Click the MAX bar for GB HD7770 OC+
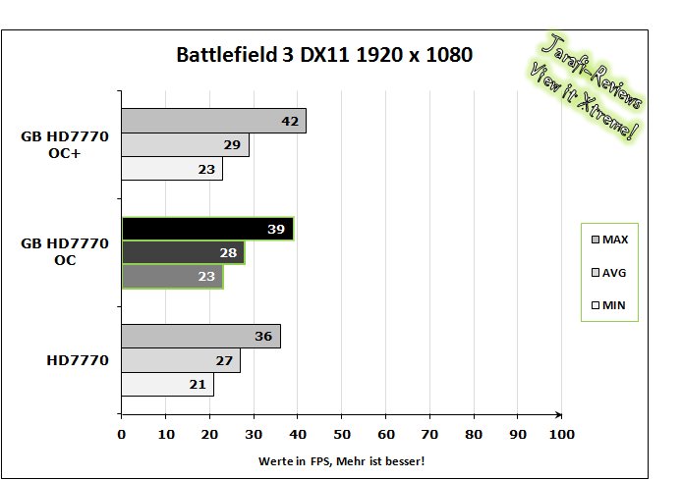pyautogui.click(x=213, y=121)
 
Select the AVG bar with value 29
pyautogui.click(x=186, y=144)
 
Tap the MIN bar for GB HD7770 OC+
pyautogui.click(x=172, y=169)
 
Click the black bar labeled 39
pyautogui.click(x=208, y=229)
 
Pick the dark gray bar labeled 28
pyautogui.click(x=184, y=252)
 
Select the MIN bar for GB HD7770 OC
pyautogui.click(x=173, y=276)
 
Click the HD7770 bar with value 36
pyautogui.click(x=200, y=337)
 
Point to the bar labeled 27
pyautogui.click(x=181, y=360)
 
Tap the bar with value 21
pyautogui.click(x=167, y=384)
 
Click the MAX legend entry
pyautogui.click(x=610, y=240)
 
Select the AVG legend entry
pyautogui.click(x=609, y=273)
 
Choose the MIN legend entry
pyautogui.click(x=608, y=305)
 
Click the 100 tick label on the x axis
pyautogui.click(x=561, y=435)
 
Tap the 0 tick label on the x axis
pyautogui.click(x=121, y=435)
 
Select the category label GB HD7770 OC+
pyautogui.click(x=65, y=144)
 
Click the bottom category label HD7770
pyautogui.click(x=78, y=360)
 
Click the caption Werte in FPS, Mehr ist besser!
pyautogui.click(x=341, y=461)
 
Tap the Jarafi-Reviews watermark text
pyautogui.click(x=593, y=72)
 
